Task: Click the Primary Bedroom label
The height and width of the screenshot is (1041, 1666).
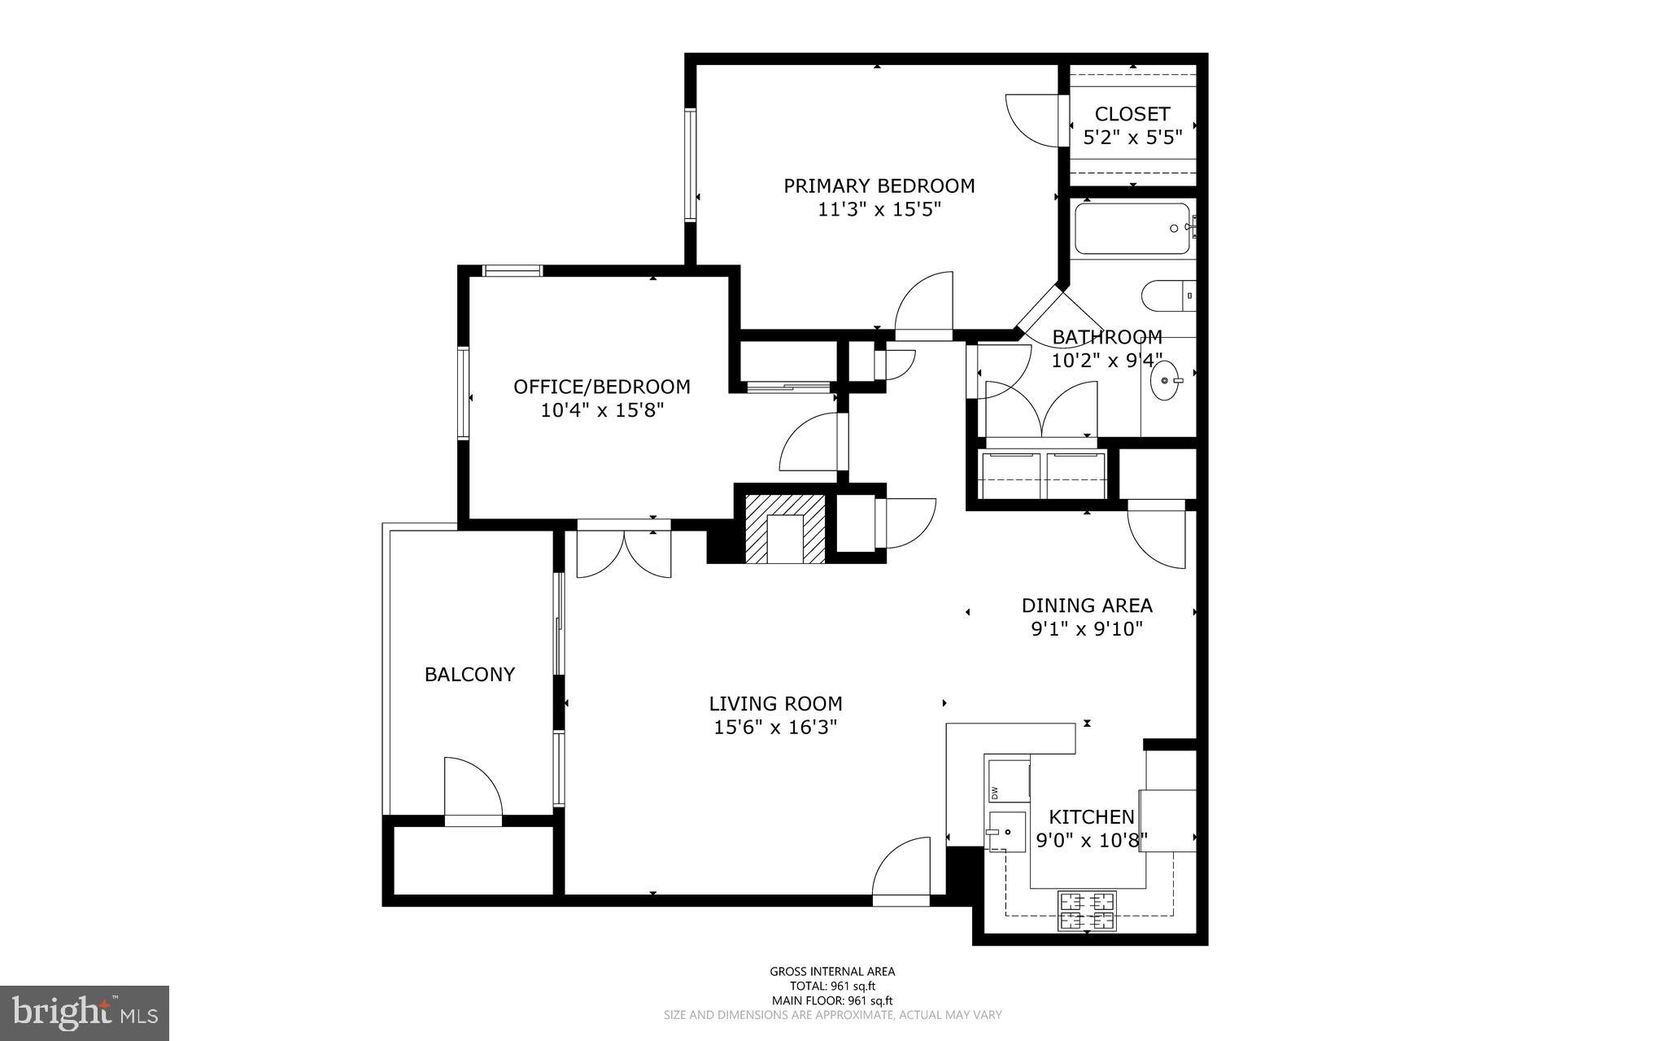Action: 879,186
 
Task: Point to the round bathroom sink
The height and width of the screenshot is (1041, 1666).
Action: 1165,380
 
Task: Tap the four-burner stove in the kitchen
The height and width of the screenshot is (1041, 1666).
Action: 1087,911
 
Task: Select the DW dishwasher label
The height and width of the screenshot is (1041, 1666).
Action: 994,792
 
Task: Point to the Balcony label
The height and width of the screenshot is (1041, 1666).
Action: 469,675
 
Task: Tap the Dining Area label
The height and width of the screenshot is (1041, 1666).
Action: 1087,606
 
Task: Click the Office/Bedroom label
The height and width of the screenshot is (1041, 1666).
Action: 601,387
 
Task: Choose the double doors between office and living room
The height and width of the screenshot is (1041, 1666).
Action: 624,553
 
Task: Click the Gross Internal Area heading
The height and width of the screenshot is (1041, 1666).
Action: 832,971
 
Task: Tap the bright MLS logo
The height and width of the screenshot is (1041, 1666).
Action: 84,1013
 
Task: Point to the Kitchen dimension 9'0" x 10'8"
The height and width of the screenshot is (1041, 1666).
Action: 1091,840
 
